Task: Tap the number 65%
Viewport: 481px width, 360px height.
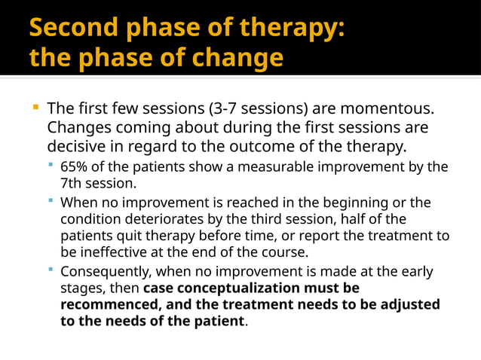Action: coord(75,166)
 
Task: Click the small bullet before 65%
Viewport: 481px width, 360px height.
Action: coord(51,166)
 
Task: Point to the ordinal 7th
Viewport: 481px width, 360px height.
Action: coord(73,182)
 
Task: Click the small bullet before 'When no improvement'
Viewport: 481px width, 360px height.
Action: coord(51,201)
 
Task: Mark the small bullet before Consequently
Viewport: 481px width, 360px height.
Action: coord(51,270)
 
